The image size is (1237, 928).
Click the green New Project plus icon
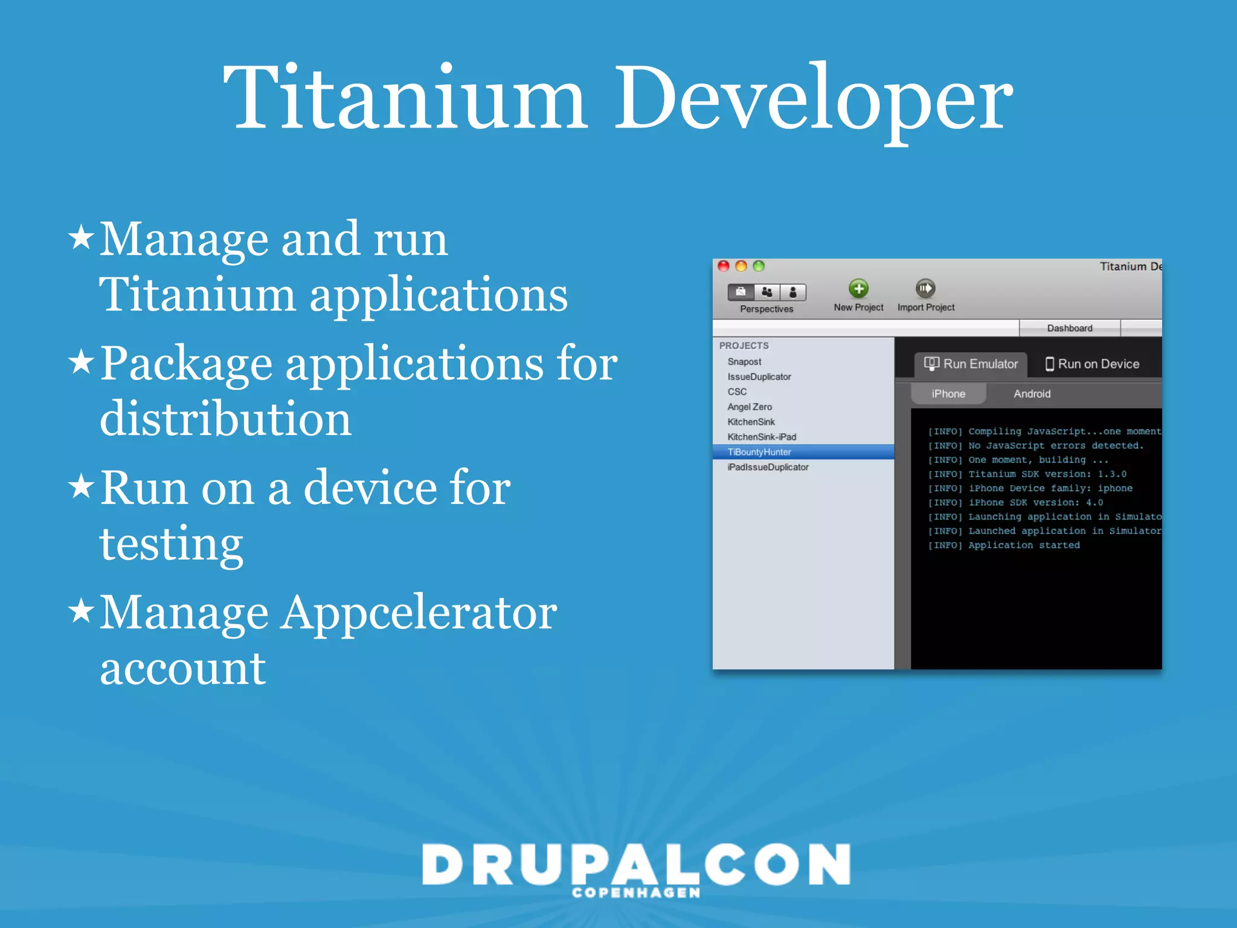click(858, 289)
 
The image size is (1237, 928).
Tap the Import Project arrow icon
click(925, 289)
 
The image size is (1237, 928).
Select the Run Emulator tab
click(971, 364)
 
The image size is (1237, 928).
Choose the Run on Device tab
click(1093, 364)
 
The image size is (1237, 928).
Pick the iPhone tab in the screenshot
click(948, 394)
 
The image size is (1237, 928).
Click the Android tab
click(1032, 394)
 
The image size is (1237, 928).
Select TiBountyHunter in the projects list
click(759, 452)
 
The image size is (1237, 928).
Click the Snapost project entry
click(744, 361)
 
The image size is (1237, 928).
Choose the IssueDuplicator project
click(759, 376)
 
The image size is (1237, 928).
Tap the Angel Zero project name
click(750, 407)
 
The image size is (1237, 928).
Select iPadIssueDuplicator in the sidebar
click(768, 467)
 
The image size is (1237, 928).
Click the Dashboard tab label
click(1070, 328)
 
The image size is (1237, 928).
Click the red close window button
click(724, 266)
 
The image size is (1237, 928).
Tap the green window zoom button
click(759, 266)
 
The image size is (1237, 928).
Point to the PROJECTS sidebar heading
click(744, 346)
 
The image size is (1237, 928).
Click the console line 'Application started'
click(1024, 545)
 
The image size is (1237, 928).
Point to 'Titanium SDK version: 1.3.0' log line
click(1047, 474)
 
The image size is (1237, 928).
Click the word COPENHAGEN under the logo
click(636, 893)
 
